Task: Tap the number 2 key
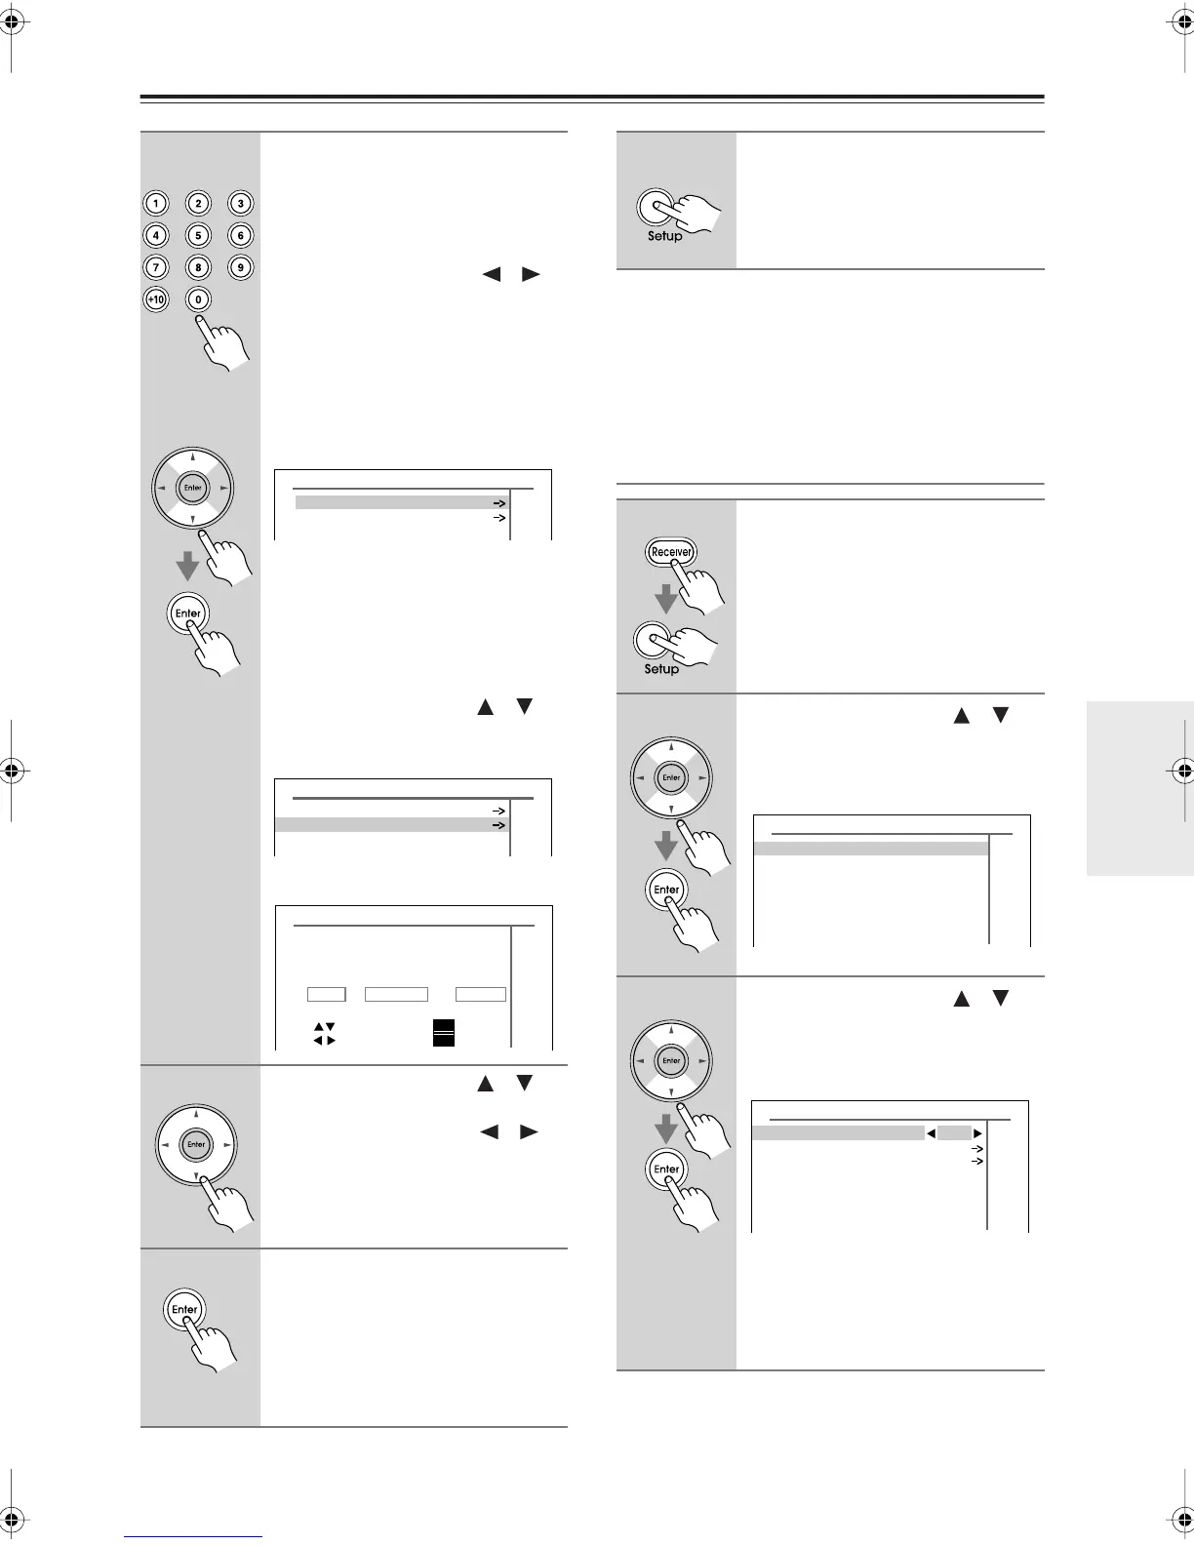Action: [x=198, y=203]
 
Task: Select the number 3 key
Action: [x=240, y=203]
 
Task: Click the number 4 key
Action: [x=156, y=235]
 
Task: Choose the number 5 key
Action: [x=198, y=235]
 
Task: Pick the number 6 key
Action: [x=240, y=235]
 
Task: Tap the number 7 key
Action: [x=156, y=267]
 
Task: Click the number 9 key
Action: [x=240, y=267]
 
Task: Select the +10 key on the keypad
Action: [x=156, y=299]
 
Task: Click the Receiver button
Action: [x=671, y=552]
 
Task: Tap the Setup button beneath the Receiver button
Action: [x=652, y=640]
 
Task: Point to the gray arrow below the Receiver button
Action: [x=665, y=597]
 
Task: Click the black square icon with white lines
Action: [x=444, y=1033]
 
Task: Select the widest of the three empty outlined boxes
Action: [x=396, y=994]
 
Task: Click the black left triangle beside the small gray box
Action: [x=931, y=1133]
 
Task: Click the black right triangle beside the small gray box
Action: [x=977, y=1133]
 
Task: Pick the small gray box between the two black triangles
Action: [x=954, y=1133]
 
